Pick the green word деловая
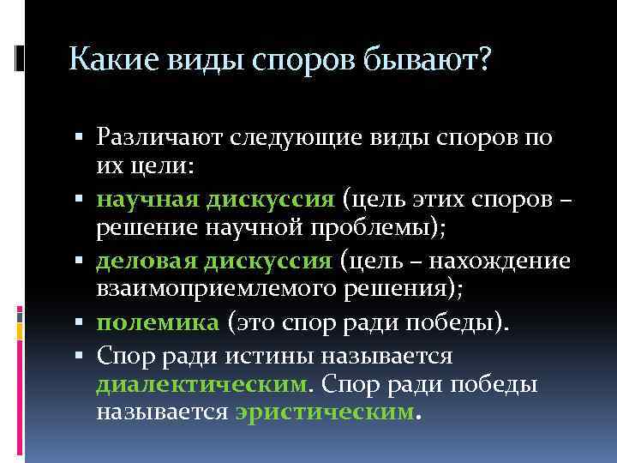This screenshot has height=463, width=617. [x=143, y=261]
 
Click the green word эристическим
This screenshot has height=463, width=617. [x=324, y=412]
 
